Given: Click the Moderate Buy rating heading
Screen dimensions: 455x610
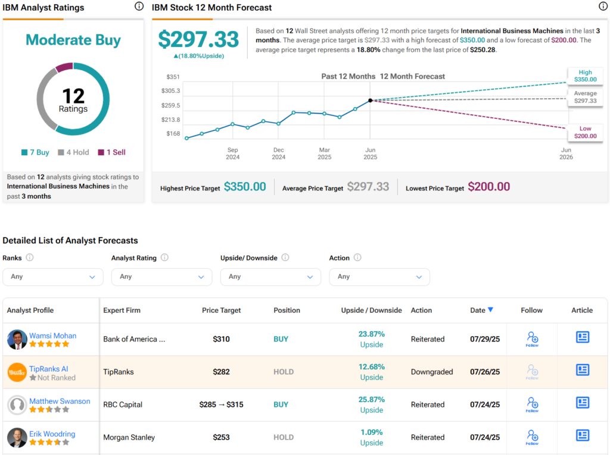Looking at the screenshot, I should pyautogui.click(x=73, y=40).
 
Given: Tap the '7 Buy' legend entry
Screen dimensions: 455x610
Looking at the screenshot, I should pyautogui.click(x=35, y=152).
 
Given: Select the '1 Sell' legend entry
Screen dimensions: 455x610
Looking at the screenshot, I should pyautogui.click(x=111, y=152).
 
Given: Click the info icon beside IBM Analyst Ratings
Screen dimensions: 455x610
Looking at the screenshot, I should pyautogui.click(x=139, y=7).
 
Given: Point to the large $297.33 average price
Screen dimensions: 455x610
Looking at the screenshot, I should pyautogui.click(x=198, y=39).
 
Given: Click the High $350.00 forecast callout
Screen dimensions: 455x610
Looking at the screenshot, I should pyautogui.click(x=584, y=76).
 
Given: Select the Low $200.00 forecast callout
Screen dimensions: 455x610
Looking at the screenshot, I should pyautogui.click(x=584, y=133).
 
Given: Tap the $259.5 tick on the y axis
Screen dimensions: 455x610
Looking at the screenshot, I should pyautogui.click(x=170, y=105).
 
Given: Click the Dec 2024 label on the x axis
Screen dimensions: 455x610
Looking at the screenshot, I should pyautogui.click(x=278, y=153).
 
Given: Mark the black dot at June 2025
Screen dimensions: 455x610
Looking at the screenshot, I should pyautogui.click(x=370, y=101).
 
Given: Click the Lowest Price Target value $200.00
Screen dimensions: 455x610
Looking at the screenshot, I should pyautogui.click(x=488, y=187).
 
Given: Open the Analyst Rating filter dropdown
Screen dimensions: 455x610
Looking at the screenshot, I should pyautogui.click(x=161, y=277).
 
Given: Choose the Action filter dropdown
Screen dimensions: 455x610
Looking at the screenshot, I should pyautogui.click(x=379, y=277).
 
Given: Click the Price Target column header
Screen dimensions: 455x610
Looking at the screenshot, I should pyautogui.click(x=222, y=310).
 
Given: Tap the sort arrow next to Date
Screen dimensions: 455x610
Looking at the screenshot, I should pyautogui.click(x=491, y=310).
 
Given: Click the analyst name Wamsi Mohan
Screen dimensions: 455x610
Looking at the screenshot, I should pyautogui.click(x=53, y=335).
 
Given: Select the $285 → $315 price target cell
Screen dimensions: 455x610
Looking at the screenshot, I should pyautogui.click(x=222, y=404).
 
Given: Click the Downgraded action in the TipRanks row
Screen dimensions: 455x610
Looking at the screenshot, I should pyautogui.click(x=432, y=372).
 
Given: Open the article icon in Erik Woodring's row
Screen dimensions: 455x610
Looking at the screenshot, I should pyautogui.click(x=582, y=435).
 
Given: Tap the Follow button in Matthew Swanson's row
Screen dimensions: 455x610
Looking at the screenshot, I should pyautogui.click(x=532, y=405).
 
